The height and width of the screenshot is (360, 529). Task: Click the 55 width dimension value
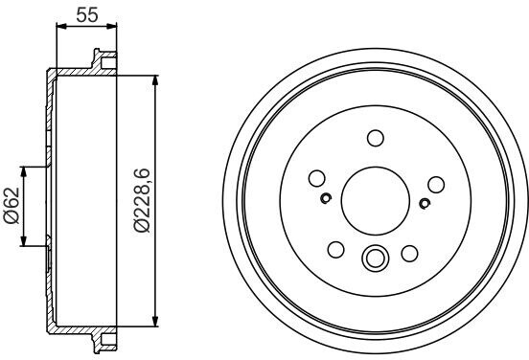[x=87, y=14]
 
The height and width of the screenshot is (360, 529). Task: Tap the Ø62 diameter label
[x=11, y=206]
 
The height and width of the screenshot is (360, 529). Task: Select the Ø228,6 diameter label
[x=142, y=200]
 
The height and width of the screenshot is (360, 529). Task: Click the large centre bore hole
[x=376, y=201]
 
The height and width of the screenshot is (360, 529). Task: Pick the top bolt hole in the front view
[x=376, y=138]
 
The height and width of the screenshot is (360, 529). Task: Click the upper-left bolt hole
[x=317, y=178]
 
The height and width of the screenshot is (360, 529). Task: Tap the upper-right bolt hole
[x=436, y=185]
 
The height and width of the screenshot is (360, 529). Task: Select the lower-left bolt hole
[x=336, y=250]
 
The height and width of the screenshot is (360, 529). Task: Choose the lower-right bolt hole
[x=409, y=254]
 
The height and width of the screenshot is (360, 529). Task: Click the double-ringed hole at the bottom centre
[x=375, y=258]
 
